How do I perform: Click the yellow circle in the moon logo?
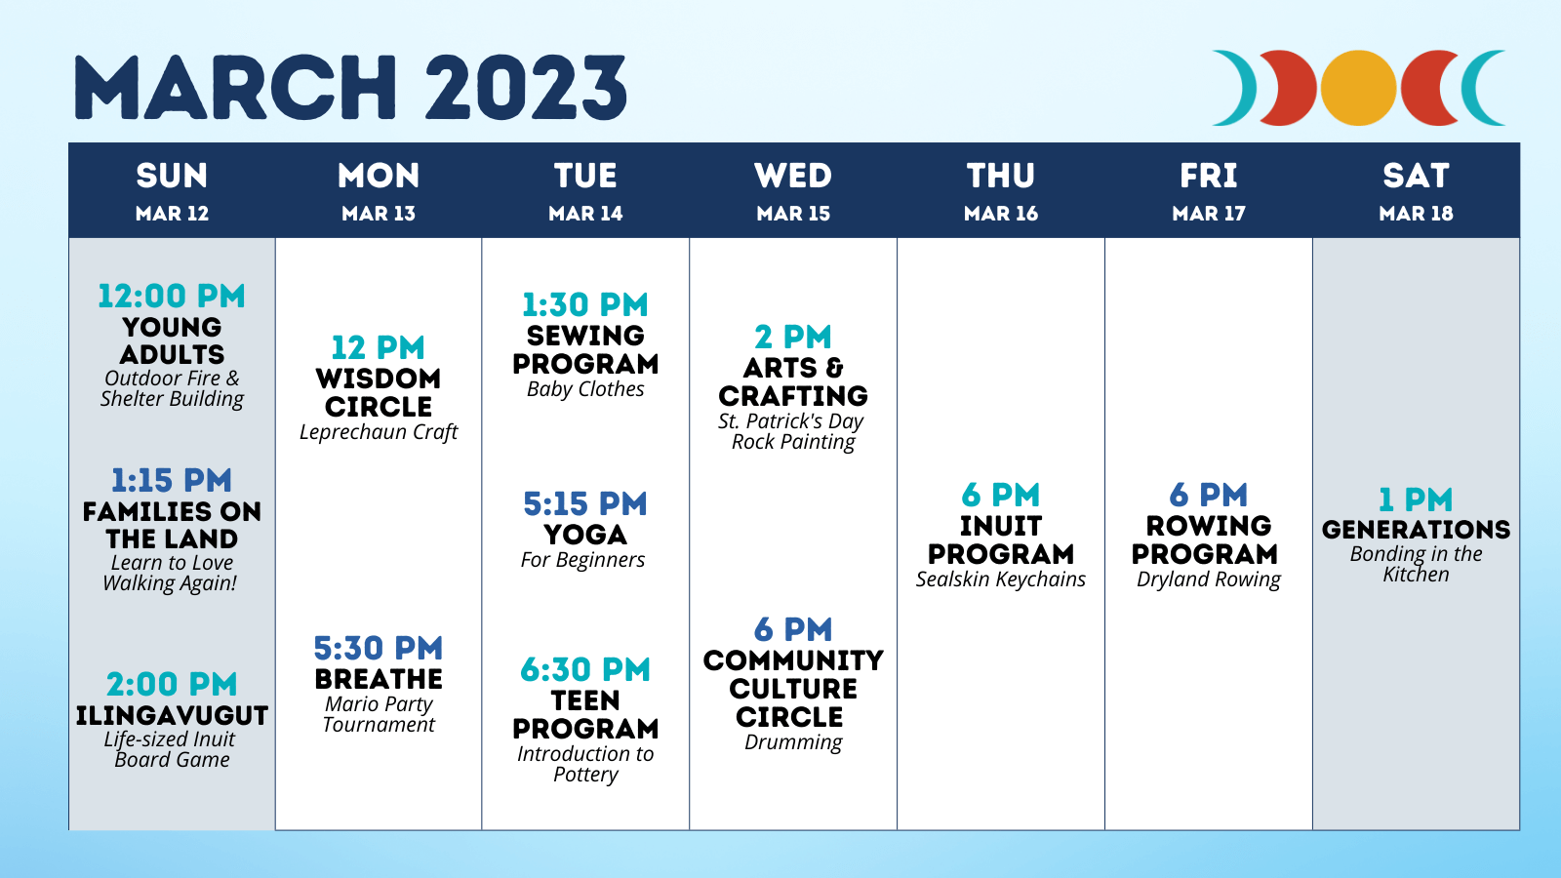1358,88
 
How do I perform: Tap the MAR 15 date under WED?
793,214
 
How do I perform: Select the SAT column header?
1416,176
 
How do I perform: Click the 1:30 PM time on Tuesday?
585,304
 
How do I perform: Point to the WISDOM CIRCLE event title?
379,392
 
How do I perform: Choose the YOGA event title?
585,535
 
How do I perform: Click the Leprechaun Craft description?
379,432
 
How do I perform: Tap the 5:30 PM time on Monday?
379,648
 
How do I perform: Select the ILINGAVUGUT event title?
172,716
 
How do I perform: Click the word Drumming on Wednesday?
793,742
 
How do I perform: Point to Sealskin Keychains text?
1001,579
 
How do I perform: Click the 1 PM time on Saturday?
1416,499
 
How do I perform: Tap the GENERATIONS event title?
1416,530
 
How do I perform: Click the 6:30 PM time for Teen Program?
585,669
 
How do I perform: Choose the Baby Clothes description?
585,389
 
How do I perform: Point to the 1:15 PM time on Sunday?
172,480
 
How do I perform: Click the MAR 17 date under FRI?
1209,214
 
